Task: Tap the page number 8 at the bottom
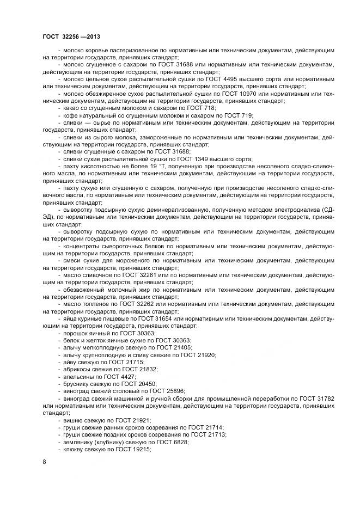[x=44, y=462]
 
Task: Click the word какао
[x=71, y=108]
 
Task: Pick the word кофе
[x=70, y=115]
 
